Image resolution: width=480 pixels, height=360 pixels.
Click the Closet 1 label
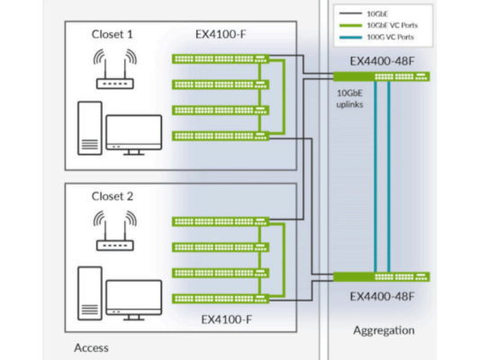[x=113, y=34]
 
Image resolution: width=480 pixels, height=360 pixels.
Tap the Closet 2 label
[x=113, y=196]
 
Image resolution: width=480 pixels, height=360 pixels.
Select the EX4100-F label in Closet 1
[x=221, y=34]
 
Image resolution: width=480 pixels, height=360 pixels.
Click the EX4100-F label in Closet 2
[x=227, y=319]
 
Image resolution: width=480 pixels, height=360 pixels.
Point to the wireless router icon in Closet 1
[x=114, y=68]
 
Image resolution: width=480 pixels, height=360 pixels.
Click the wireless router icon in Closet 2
[x=114, y=231]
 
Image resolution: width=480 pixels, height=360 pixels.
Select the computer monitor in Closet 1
[x=134, y=135]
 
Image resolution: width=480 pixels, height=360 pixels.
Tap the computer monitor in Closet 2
[x=134, y=300]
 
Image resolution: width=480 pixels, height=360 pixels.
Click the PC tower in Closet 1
[x=90, y=128]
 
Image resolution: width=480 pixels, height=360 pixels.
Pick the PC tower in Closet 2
[x=90, y=293]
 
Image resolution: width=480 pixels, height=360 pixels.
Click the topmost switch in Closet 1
[x=221, y=58]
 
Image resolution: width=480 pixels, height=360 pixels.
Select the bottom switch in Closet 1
[x=221, y=136]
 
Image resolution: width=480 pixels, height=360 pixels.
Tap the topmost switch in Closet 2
[x=221, y=221]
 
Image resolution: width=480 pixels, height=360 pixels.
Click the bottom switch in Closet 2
[x=221, y=299]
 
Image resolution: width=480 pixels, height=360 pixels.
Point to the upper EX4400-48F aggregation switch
[x=382, y=76]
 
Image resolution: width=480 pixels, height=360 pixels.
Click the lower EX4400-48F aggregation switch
[x=382, y=277]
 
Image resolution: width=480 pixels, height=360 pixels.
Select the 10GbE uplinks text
[x=349, y=99]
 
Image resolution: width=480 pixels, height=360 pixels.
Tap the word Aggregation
[x=384, y=330]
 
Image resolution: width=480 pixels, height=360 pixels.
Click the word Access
[x=91, y=347]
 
